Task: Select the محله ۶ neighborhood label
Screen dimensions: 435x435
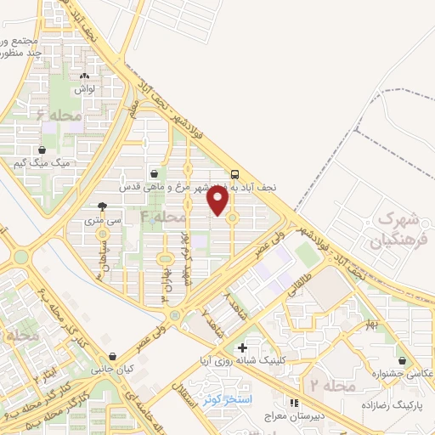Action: [59, 112]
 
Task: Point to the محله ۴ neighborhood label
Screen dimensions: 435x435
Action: [162, 217]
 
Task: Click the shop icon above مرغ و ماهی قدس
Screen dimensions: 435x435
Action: [152, 171]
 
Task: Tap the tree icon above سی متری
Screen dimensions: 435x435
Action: [103, 206]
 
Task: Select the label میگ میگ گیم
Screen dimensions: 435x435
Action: [42, 161]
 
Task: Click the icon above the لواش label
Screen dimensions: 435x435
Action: [84, 75]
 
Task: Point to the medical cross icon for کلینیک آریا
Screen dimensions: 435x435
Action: [243, 347]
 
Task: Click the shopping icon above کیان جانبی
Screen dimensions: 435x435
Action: [113, 358]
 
